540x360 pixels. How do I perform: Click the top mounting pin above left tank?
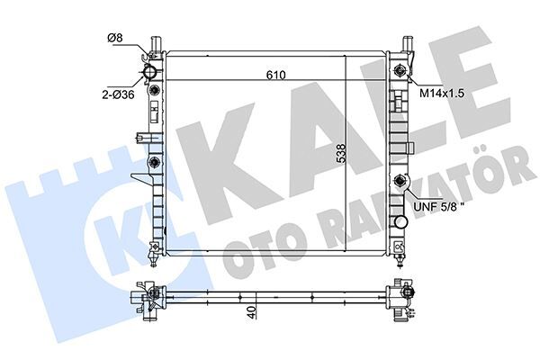157,43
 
